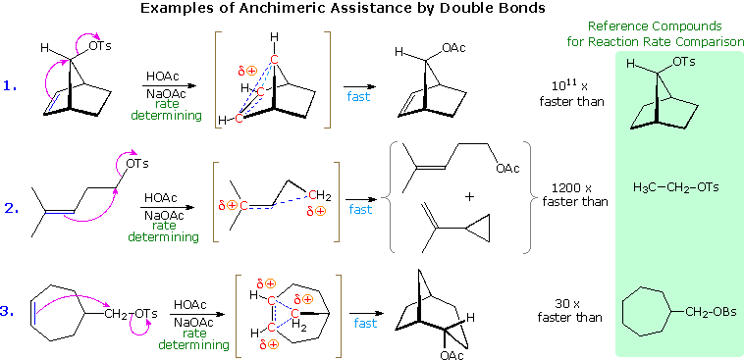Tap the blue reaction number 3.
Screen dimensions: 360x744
click(10, 312)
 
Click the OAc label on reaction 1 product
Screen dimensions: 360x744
click(453, 46)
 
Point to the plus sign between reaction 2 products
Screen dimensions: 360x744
click(469, 196)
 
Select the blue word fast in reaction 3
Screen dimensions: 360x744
click(366, 324)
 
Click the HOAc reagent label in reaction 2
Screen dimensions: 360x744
click(161, 196)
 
